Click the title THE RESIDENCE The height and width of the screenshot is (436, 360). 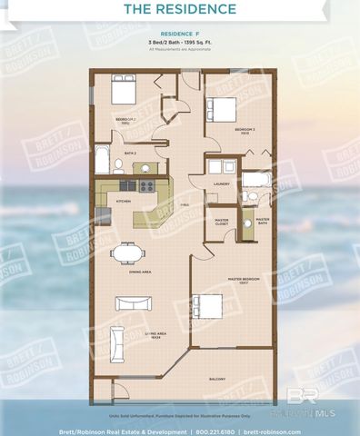[x=179, y=10]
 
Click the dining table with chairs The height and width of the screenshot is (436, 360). [x=127, y=253]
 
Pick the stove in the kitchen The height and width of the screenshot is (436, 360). [x=145, y=185]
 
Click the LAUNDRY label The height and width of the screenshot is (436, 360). [x=221, y=184]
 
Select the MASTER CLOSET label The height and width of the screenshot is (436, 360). [x=221, y=221]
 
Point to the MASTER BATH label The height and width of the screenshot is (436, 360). [x=262, y=220]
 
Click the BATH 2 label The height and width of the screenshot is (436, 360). [x=129, y=154]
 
